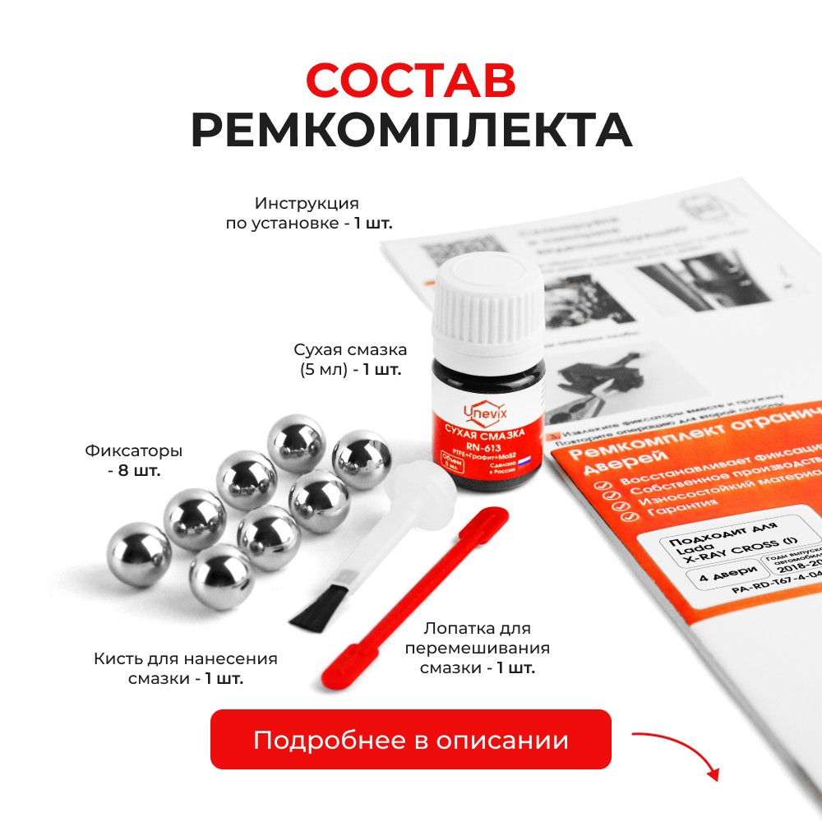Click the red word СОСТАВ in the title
pos(411,80)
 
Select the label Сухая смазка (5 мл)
pos(350,359)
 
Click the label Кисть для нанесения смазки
pos(186,668)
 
